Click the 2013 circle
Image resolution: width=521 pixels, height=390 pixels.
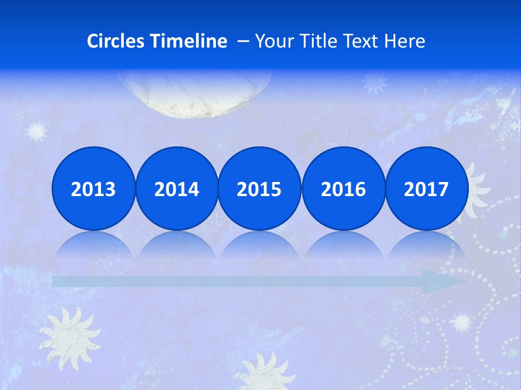[93, 189]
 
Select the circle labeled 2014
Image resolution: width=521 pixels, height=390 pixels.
[176, 189]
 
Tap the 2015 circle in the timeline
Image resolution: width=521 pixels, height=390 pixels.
[259, 189]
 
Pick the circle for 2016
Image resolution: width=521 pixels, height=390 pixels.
[343, 189]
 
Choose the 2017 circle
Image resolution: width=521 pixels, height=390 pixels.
[426, 189]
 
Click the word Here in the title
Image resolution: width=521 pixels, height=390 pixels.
[405, 41]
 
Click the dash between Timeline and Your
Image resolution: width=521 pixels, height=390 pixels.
[243, 41]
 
